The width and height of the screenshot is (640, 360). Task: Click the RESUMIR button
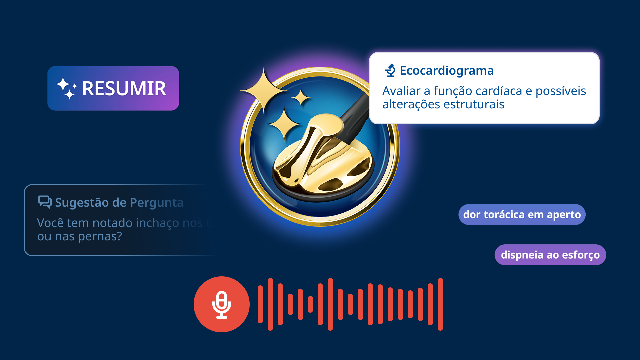pos(113,88)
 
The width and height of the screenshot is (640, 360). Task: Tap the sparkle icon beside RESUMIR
pos(66,88)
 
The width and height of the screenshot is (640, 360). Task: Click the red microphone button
pos(222,304)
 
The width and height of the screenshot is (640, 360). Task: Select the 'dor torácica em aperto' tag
pos(522,215)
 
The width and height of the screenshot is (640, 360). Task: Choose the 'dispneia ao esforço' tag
pos(550,255)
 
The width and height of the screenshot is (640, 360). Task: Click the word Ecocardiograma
pos(447,71)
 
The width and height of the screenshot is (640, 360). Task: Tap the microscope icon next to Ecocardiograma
pos(390,70)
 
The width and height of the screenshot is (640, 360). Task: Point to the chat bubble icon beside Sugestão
pos(45,202)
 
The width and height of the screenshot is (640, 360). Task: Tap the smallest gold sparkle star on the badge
pos(301,97)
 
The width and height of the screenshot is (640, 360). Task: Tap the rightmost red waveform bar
pos(440,304)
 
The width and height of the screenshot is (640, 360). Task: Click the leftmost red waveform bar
pos(260,304)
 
